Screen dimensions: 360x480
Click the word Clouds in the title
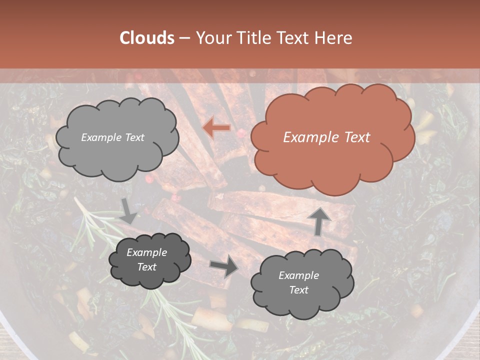pyautogui.click(x=147, y=38)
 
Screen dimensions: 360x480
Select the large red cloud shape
pyautogui.click(x=332, y=140)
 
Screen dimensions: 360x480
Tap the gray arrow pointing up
pyautogui.click(x=319, y=221)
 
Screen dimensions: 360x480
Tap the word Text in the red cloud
pyautogui.click(x=357, y=137)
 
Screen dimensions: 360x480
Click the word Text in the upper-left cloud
pyautogui.click(x=134, y=137)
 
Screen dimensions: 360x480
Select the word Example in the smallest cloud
pyautogui.click(x=147, y=252)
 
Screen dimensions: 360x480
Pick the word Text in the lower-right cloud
pyautogui.click(x=298, y=290)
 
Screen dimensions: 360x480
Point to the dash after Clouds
pyautogui.click(x=184, y=38)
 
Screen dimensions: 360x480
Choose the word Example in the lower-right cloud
pyautogui.click(x=298, y=275)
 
